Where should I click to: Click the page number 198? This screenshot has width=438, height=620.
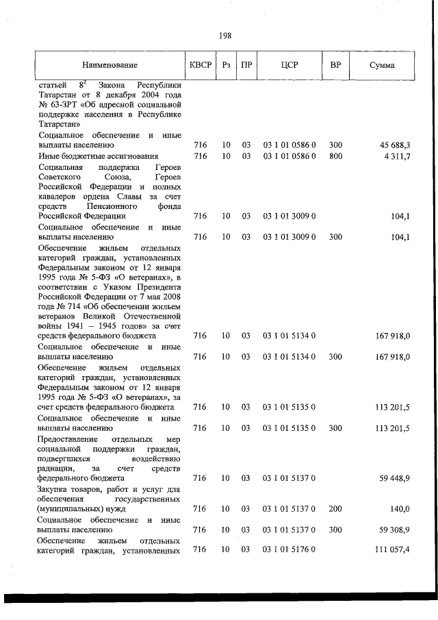(x=225, y=36)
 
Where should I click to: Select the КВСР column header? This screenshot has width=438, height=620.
(x=200, y=65)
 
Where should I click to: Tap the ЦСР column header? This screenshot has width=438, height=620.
(x=289, y=65)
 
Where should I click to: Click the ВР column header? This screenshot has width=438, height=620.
(x=335, y=65)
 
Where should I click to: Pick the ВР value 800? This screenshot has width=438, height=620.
(x=335, y=156)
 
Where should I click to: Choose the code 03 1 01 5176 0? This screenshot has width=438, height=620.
(x=289, y=550)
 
